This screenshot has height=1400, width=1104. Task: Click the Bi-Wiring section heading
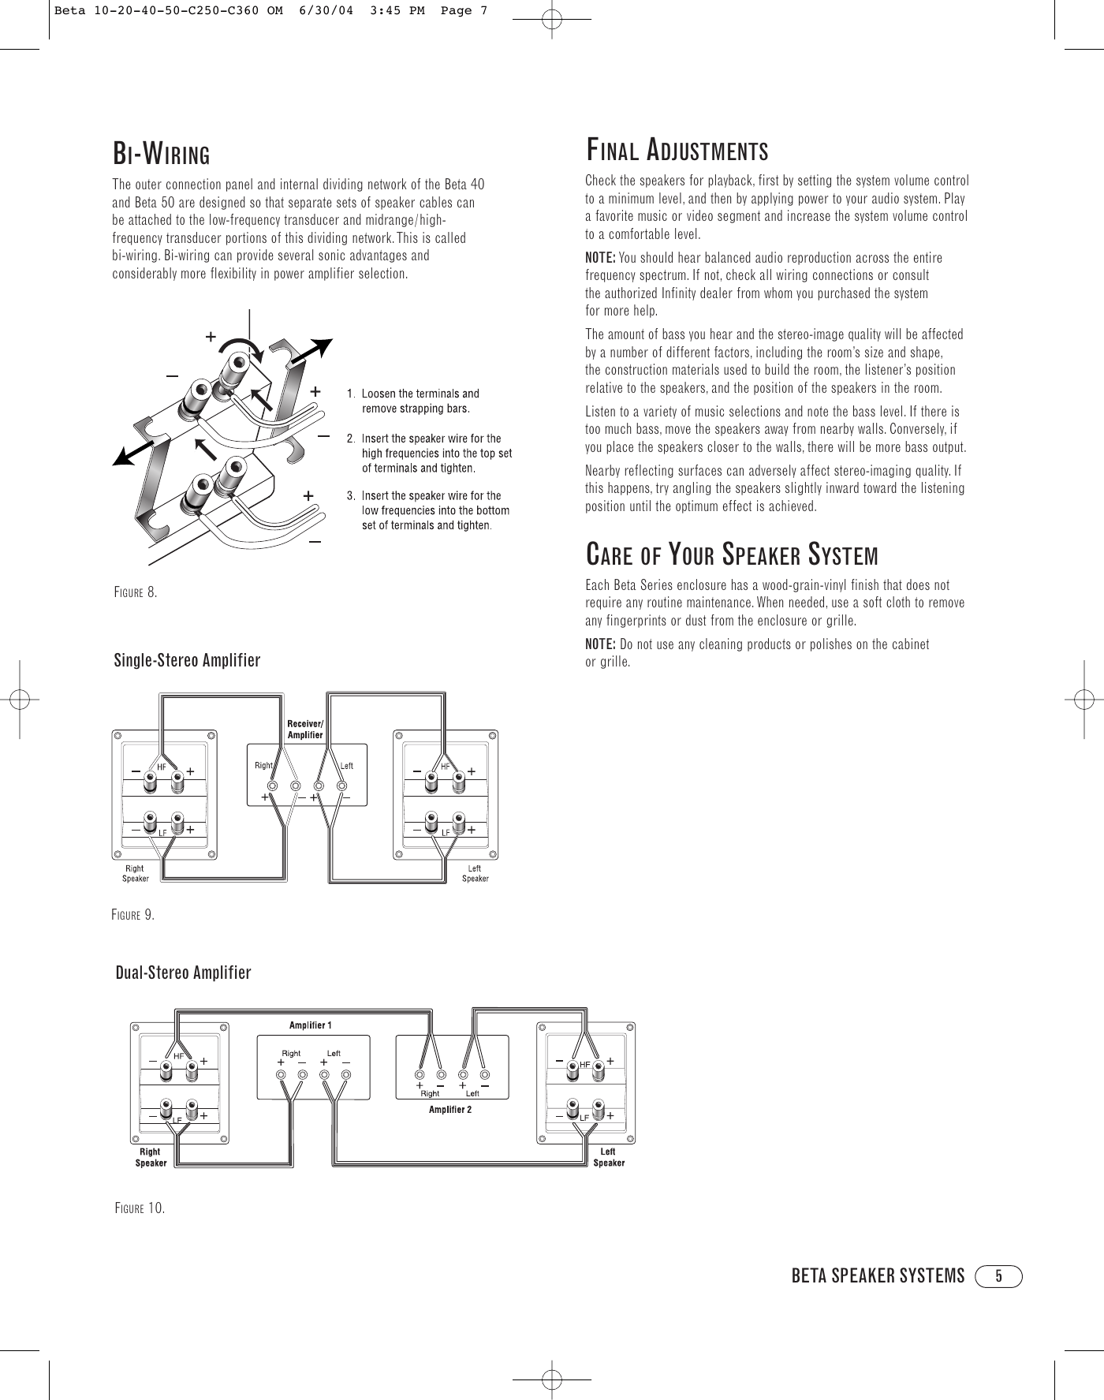[x=162, y=152]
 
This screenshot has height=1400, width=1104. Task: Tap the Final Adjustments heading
[x=677, y=148]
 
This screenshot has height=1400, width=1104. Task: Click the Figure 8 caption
[x=136, y=592]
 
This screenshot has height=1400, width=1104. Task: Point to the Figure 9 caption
[x=133, y=915]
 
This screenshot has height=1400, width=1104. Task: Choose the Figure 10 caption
[x=140, y=1208]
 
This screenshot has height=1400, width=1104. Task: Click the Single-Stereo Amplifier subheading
[x=188, y=660]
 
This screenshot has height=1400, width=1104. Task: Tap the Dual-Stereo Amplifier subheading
[x=184, y=973]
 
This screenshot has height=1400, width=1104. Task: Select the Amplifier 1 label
[x=311, y=1025]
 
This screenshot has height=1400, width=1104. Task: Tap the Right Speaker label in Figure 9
[x=135, y=874]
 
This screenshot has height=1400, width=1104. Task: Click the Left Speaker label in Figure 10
[x=609, y=1157]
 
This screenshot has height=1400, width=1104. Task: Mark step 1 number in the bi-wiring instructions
[x=352, y=394]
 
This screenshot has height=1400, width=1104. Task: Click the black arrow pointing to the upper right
[x=309, y=352]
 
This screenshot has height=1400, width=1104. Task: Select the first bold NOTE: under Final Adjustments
[x=601, y=258]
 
